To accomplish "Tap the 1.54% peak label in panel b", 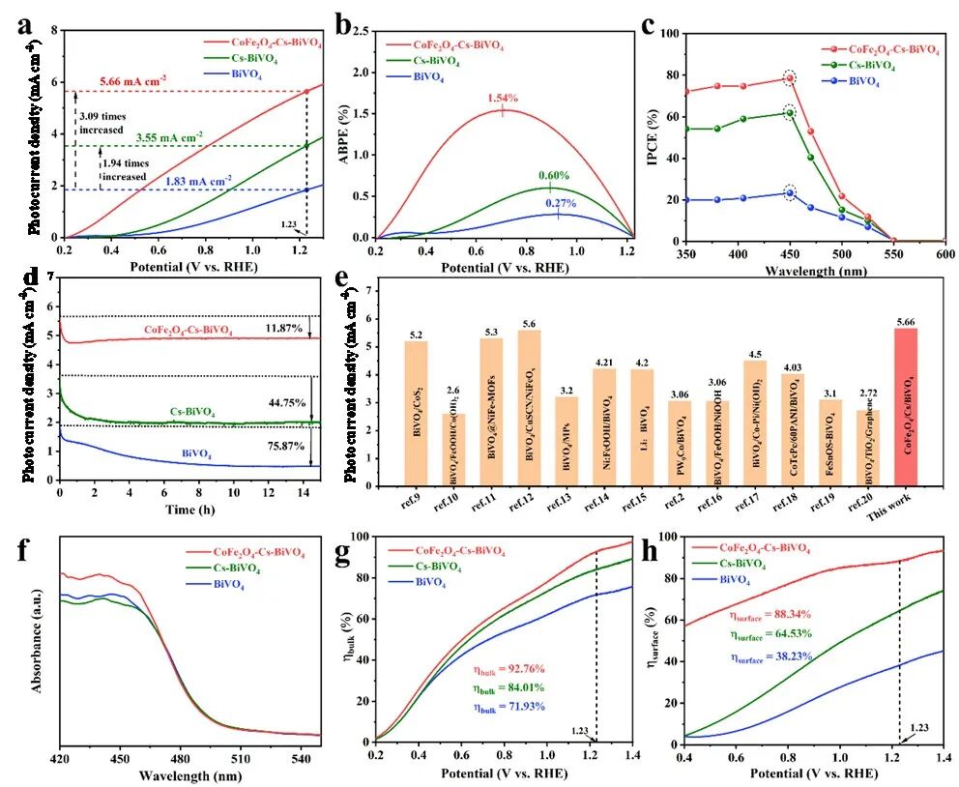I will coord(501,99).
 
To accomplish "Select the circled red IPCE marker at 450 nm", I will coord(789,78).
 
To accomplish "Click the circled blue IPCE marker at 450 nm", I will coord(789,192).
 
